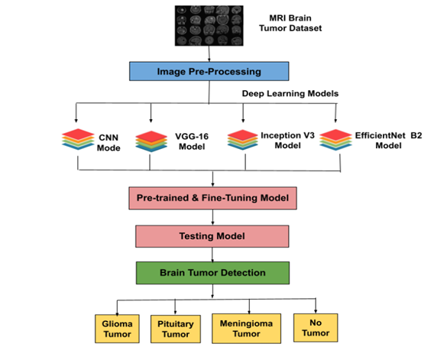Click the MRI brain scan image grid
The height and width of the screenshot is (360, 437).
(x=209, y=26)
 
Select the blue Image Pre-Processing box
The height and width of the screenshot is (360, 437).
(x=209, y=71)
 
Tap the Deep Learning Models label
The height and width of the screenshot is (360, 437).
(x=290, y=93)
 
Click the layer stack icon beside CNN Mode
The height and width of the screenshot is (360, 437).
(x=78, y=139)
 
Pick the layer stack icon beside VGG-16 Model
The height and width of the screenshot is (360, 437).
(x=151, y=141)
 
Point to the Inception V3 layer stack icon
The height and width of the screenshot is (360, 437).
(x=243, y=140)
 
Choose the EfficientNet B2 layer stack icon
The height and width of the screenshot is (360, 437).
(x=335, y=140)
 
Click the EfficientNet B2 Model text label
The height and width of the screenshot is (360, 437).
(x=389, y=141)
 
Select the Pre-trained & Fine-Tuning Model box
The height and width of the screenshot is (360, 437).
(x=212, y=198)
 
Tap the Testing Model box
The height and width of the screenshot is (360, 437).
(x=212, y=236)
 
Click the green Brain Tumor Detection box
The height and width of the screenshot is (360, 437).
(x=212, y=273)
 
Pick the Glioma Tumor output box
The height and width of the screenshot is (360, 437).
(x=117, y=329)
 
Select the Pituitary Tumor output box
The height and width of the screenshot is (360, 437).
(x=176, y=329)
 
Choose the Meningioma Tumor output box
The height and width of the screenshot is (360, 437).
(x=246, y=329)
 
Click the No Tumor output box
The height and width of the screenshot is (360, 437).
(x=316, y=328)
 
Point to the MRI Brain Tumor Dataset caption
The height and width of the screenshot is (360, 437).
(x=290, y=23)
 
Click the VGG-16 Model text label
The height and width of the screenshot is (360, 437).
(x=192, y=141)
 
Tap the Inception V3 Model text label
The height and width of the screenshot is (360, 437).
(x=287, y=141)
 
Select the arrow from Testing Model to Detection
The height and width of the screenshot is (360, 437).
(x=212, y=255)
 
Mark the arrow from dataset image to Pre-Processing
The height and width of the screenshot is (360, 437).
(x=209, y=54)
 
